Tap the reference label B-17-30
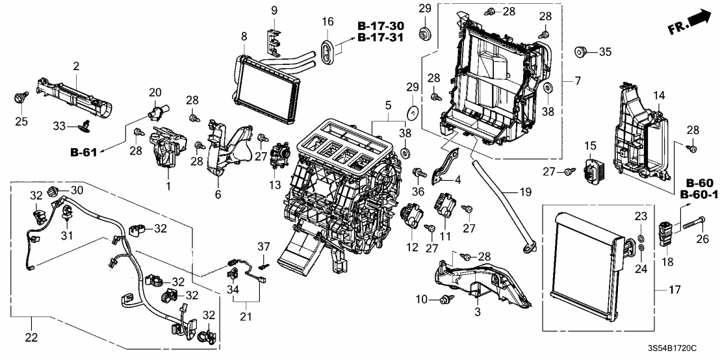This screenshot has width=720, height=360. [381, 25]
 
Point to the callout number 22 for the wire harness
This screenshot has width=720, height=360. [31, 337]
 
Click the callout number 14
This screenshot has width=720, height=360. [659, 96]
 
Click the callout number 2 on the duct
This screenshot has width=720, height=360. [76, 66]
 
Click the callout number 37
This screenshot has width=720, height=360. [263, 246]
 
